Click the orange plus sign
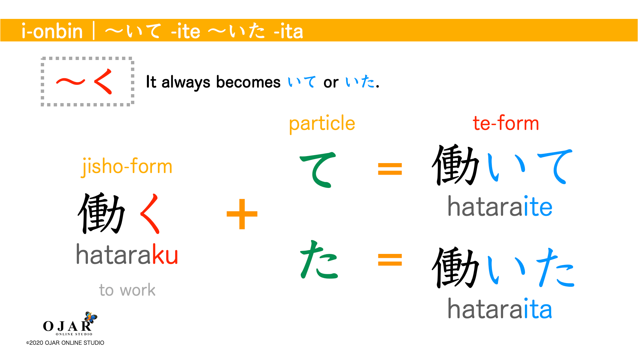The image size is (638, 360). [242, 214]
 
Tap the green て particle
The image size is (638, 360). [318, 169]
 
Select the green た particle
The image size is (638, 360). [319, 261]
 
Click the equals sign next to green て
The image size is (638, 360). [390, 169]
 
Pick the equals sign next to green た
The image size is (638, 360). [390, 260]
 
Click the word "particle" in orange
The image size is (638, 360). [322, 124]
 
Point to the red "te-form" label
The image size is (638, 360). [506, 123]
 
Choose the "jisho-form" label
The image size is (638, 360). [127, 166]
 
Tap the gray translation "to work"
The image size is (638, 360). [127, 290]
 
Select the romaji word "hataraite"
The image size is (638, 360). [500, 207]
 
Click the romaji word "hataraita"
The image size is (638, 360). [500, 309]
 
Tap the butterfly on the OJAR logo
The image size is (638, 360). [90, 317]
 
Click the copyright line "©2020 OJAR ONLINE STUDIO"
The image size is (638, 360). [65, 343]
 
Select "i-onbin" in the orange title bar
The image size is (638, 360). [52, 31]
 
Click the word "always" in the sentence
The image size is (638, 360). [186, 82]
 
